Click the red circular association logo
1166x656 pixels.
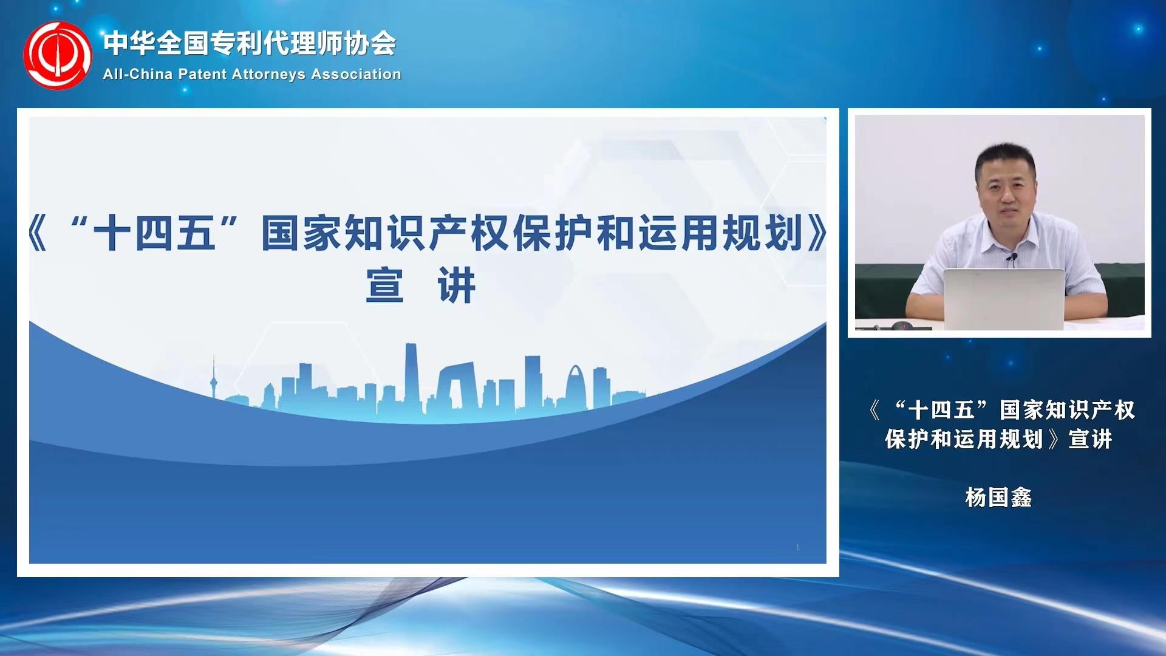pos(58,55)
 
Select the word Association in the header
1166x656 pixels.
pos(356,74)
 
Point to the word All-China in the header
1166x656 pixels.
pos(138,74)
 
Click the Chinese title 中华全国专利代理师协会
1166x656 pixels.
pos(250,43)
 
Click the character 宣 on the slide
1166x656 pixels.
pos(384,285)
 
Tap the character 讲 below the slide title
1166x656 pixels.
pos(457,285)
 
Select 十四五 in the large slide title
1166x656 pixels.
pos(154,233)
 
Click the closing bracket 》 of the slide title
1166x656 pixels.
pos(817,233)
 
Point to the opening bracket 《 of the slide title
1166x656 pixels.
pos(38,233)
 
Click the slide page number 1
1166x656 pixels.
pos(797,547)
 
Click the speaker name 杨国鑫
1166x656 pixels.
pos(998,497)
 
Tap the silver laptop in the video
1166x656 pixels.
pos(1004,299)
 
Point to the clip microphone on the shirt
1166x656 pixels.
pos(1011,259)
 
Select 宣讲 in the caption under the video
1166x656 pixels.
pos(1090,439)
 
